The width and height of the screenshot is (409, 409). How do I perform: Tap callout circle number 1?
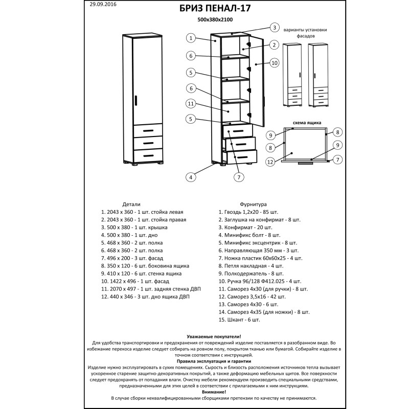point(190,37)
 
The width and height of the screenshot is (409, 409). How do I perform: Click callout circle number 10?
point(274,62)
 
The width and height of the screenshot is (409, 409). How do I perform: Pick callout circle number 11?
point(190,104)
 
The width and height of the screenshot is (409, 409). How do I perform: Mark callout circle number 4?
point(190,177)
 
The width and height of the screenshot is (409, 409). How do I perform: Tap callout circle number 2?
point(274,45)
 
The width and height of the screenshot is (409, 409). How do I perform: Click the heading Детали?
point(131,203)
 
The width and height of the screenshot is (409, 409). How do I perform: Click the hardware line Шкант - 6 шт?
point(239,320)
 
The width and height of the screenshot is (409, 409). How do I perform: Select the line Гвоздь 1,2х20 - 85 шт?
point(248,211)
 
